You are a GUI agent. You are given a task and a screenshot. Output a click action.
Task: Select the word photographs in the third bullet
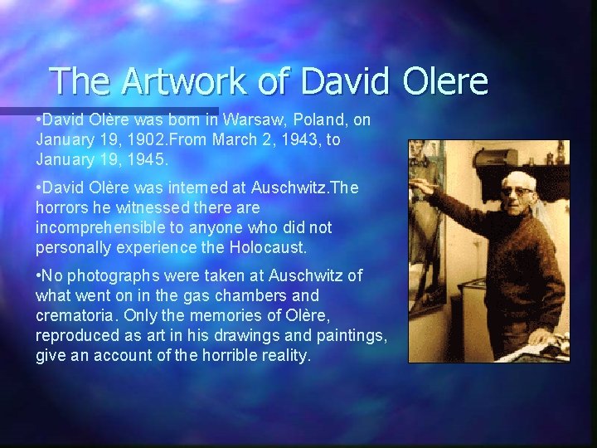[110, 275]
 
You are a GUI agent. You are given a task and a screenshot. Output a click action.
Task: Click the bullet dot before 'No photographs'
[40, 275]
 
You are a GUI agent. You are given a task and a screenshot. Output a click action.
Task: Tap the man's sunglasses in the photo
[517, 191]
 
